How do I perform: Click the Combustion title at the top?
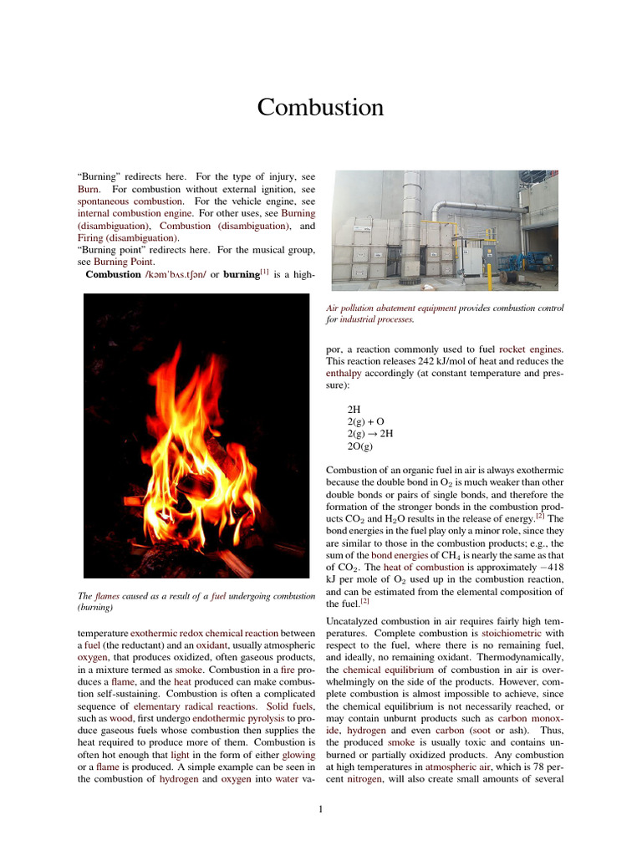pos(320,108)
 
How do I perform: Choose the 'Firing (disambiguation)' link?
pos(125,238)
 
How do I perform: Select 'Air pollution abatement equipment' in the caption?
pos(391,308)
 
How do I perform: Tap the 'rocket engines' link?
pos(531,349)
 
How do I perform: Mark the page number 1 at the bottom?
pos(321,808)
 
